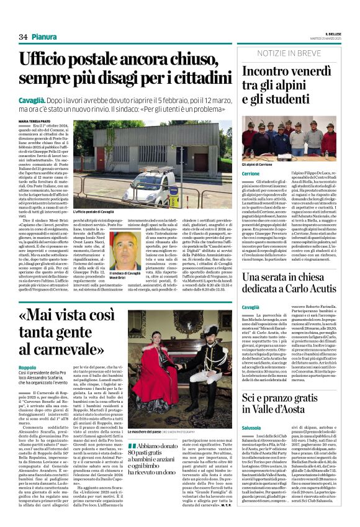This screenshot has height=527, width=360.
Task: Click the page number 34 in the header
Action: [x=22, y=37]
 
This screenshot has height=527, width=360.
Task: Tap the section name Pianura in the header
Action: [x=44, y=37]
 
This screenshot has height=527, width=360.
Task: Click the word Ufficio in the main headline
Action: [x=65, y=60]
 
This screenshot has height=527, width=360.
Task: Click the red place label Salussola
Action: [x=252, y=428]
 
